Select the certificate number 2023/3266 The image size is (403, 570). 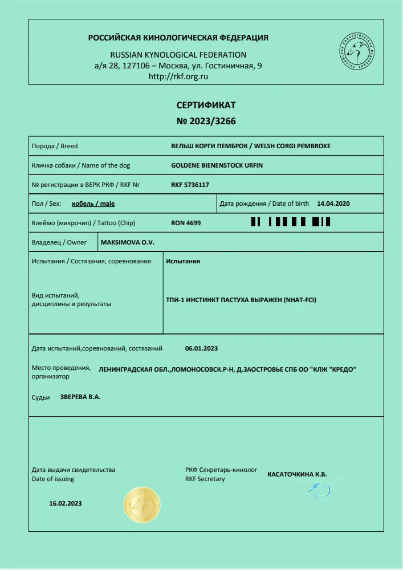(x=206, y=121)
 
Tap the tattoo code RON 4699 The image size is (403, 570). (x=186, y=223)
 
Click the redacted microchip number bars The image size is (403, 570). (x=290, y=222)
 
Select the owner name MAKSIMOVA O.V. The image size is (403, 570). (x=128, y=242)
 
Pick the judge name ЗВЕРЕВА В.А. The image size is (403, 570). (x=80, y=397)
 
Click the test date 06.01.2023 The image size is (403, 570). (x=202, y=348)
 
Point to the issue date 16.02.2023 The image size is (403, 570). (x=66, y=503)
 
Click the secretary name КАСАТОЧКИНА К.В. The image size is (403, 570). (x=297, y=474)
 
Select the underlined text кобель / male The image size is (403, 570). (x=93, y=203)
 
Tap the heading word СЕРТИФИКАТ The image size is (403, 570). (x=206, y=105)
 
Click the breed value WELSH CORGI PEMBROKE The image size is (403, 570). (x=294, y=146)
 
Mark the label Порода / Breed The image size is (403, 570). (x=54, y=146)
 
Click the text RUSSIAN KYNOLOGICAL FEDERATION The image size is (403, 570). (x=178, y=55)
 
